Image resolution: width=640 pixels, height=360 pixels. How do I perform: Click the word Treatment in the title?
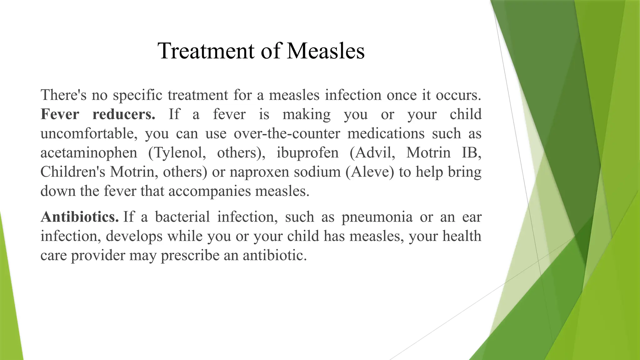point(206,51)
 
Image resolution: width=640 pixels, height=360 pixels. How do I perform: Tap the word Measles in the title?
point(326,51)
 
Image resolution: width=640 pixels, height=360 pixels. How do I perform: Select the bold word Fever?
point(60,114)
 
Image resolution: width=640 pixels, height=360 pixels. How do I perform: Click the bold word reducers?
point(124,114)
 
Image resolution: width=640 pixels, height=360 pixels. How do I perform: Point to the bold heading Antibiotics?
point(80,217)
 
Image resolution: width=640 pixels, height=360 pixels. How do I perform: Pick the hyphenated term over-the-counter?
point(287,134)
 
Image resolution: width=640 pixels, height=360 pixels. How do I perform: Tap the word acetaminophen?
point(89,153)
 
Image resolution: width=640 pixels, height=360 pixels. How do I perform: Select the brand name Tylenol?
point(177,153)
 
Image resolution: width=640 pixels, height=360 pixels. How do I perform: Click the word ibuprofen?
point(307,153)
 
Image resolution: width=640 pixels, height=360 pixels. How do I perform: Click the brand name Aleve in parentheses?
point(370,172)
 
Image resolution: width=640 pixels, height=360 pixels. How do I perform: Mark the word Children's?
point(73,172)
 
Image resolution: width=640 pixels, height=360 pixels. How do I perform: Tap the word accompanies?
point(209,191)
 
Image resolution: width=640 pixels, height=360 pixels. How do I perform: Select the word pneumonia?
point(377,217)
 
